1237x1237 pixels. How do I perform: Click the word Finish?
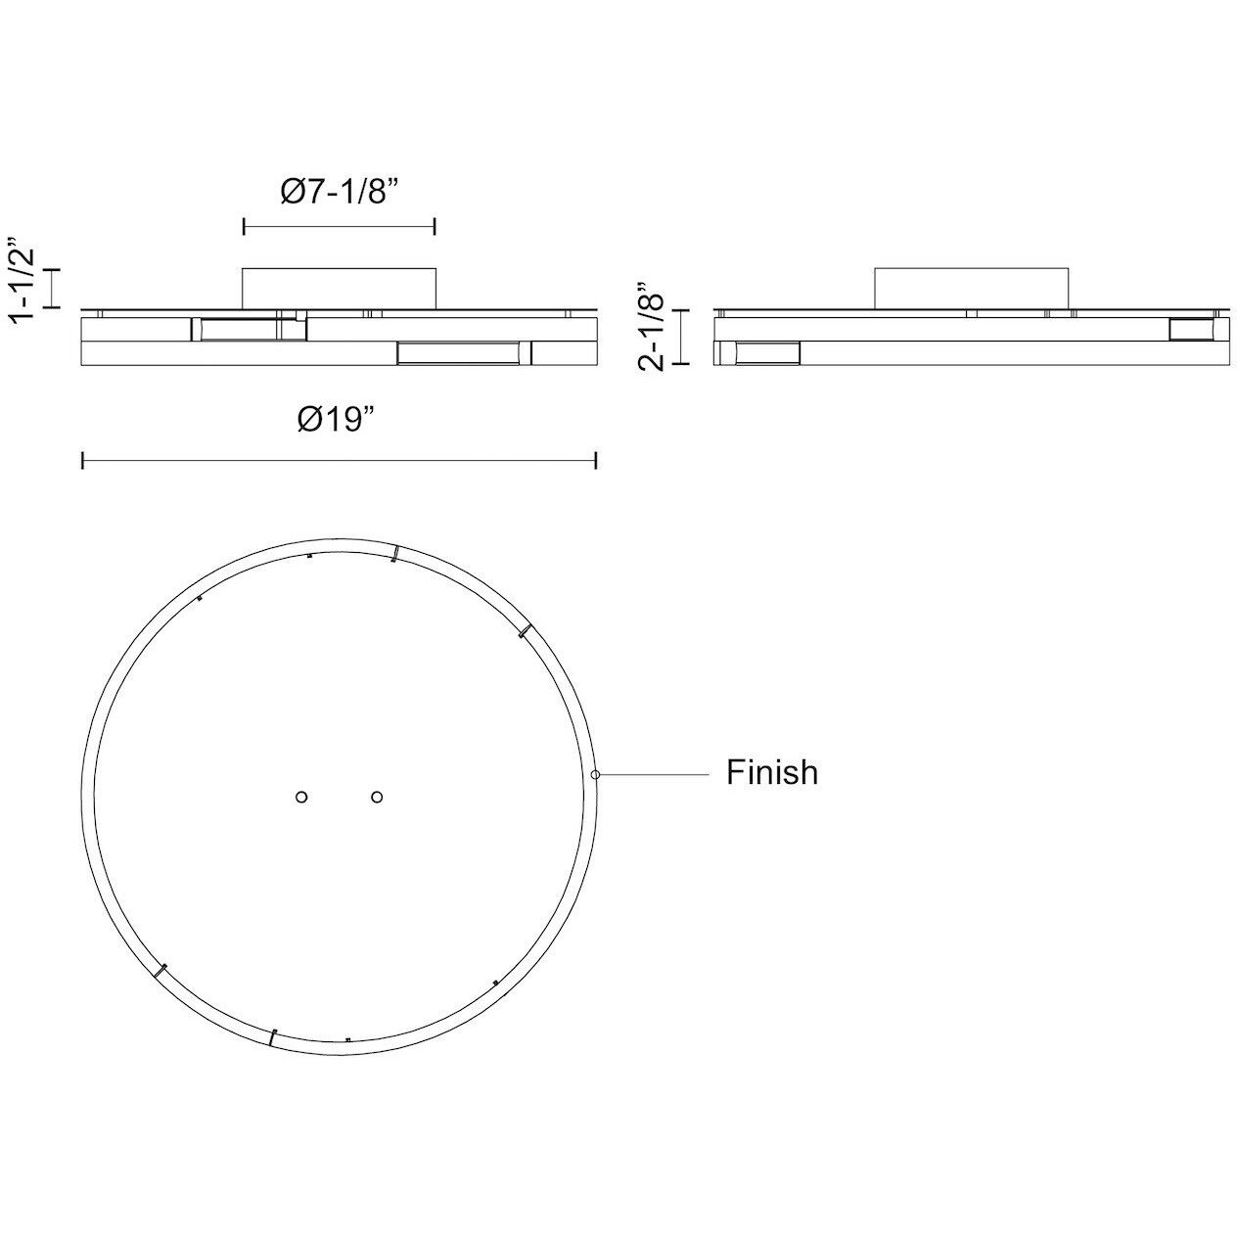pos(771,773)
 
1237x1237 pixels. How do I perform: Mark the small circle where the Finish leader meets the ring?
pos(595,774)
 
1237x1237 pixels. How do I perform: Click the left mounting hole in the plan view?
pos(301,797)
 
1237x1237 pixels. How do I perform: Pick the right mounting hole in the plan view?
pos(377,797)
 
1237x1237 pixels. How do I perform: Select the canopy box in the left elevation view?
pos(339,286)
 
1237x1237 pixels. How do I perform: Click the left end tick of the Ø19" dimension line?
pos(82,460)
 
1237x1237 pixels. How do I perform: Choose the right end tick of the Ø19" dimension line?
pos(596,460)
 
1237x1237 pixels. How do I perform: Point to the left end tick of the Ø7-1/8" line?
pos(244,228)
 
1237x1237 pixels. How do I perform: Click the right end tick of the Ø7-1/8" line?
pos(435,228)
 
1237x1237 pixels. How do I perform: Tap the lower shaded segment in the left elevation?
pos(457,352)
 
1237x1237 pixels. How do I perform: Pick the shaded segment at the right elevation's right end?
pos(1192,329)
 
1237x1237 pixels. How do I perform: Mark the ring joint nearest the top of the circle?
pos(394,555)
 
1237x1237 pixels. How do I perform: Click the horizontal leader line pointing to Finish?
pos(654,774)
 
